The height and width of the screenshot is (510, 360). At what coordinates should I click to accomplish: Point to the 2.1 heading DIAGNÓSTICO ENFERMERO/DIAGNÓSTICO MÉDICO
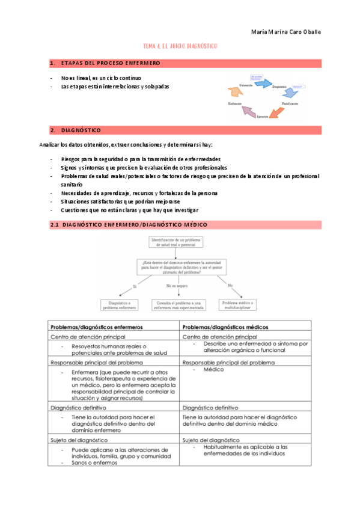[135, 224]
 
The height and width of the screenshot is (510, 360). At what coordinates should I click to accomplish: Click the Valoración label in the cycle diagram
[246, 85]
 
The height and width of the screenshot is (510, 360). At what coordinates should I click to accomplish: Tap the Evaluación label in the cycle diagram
[235, 104]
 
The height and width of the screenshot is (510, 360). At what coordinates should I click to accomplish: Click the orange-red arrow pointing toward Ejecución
[275, 111]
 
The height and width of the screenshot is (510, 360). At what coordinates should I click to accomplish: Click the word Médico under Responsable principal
[213, 370]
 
